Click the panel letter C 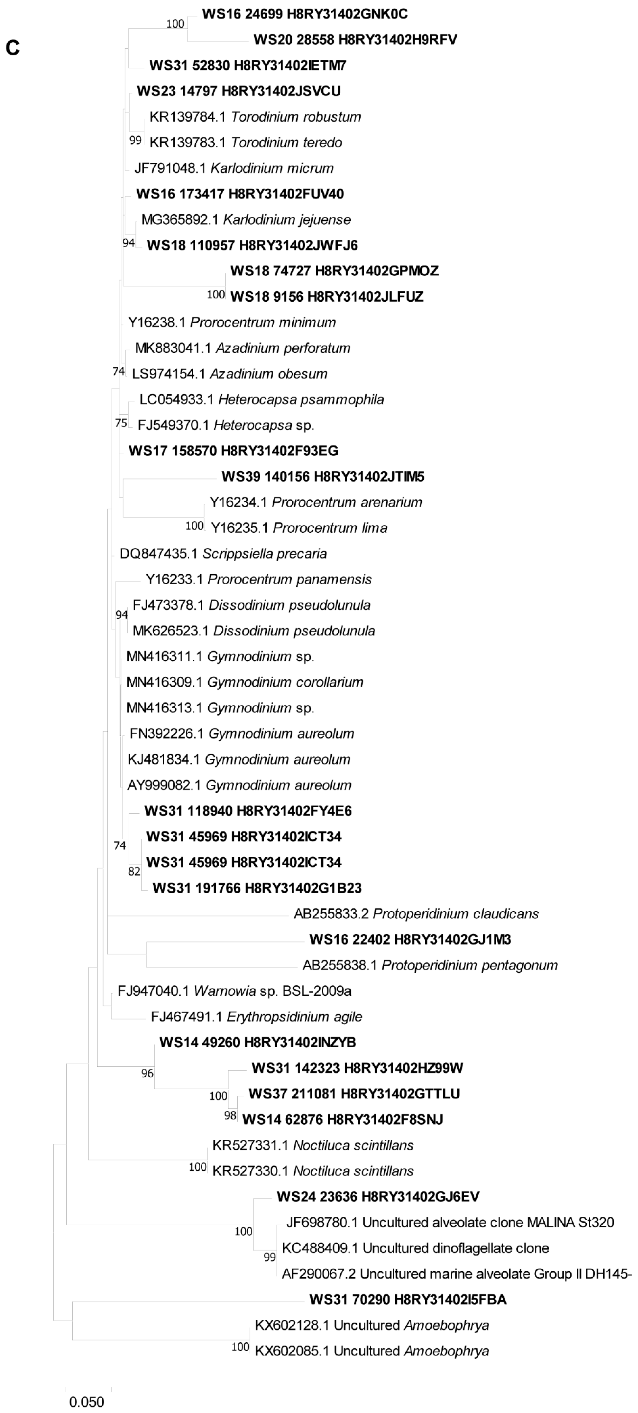click(12, 48)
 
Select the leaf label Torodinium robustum click(255, 117)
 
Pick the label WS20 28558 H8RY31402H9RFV click(355, 40)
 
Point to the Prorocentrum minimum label click(231, 323)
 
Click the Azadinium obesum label click(229, 374)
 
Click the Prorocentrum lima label click(299, 528)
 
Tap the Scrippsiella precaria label click(223, 554)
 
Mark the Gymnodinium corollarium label click(245, 682)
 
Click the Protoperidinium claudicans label click(416, 914)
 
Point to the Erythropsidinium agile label click(256, 1017)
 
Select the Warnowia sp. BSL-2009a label click(234, 991)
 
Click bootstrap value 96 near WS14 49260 click(147, 1074)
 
